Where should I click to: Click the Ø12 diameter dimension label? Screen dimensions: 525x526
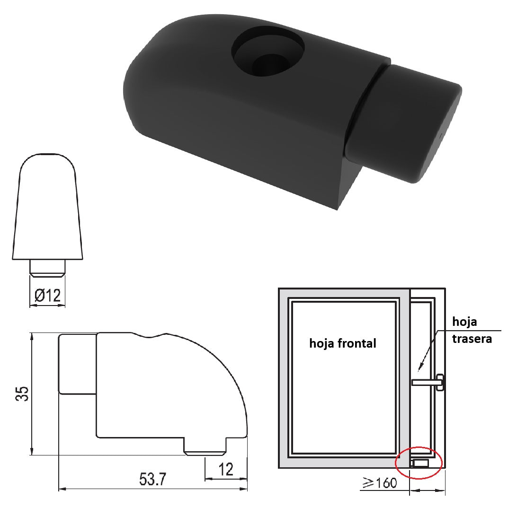(48, 296)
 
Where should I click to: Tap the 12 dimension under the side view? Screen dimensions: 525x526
(226, 470)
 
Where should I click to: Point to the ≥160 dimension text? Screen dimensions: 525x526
(379, 483)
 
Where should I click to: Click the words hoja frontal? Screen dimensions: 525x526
(342, 343)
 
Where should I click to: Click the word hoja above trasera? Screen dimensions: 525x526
(464, 322)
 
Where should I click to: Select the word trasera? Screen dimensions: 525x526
(472, 339)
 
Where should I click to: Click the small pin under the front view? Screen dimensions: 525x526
(47, 267)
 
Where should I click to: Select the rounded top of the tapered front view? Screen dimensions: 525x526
(47, 163)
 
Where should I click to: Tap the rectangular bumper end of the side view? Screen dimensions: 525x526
(77, 364)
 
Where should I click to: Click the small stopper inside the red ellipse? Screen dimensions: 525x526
(420, 463)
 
